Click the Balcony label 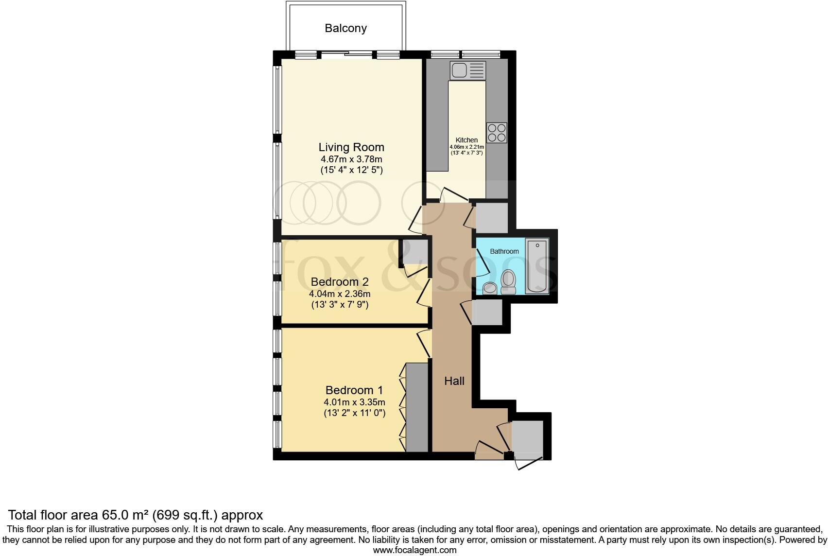pyautogui.click(x=345, y=28)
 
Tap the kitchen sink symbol pyautogui.click(x=468, y=70)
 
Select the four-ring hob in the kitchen pyautogui.click(x=497, y=133)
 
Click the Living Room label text pyautogui.click(x=351, y=147)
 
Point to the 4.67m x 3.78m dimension pyautogui.click(x=351, y=159)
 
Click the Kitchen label pyautogui.click(x=466, y=140)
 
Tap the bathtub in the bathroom pyautogui.click(x=537, y=265)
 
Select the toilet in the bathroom pyautogui.click(x=508, y=281)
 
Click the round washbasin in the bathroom pyautogui.click(x=490, y=288)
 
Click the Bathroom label pyautogui.click(x=504, y=251)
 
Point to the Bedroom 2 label pyautogui.click(x=340, y=282)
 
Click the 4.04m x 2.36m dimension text pyautogui.click(x=340, y=294)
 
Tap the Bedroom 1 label pyautogui.click(x=354, y=390)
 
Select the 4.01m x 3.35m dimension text pyautogui.click(x=354, y=402)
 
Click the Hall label pyautogui.click(x=454, y=381)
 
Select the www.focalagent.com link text pyautogui.click(x=414, y=550)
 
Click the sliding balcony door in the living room pyautogui.click(x=347, y=55)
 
